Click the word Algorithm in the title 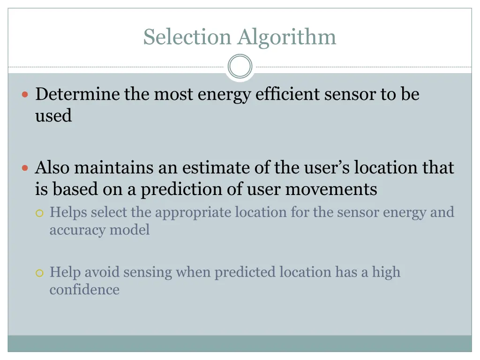287,37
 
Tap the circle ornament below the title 240,67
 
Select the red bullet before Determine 26,94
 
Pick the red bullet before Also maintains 26,168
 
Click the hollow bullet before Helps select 40,213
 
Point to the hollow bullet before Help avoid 40,273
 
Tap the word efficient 285,94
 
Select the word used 53,116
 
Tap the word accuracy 78,230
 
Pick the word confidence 84,289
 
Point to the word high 386,272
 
